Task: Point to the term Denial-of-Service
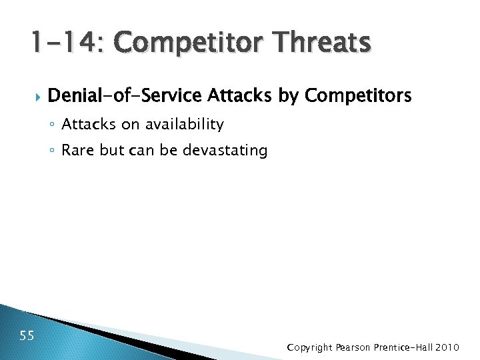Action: coord(125,97)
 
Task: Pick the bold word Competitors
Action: coord(358,97)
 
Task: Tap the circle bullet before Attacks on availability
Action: coord(53,125)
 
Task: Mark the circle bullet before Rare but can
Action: coord(53,151)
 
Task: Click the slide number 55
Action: coord(27,335)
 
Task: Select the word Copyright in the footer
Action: coord(309,347)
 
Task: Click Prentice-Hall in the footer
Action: coord(410,347)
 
